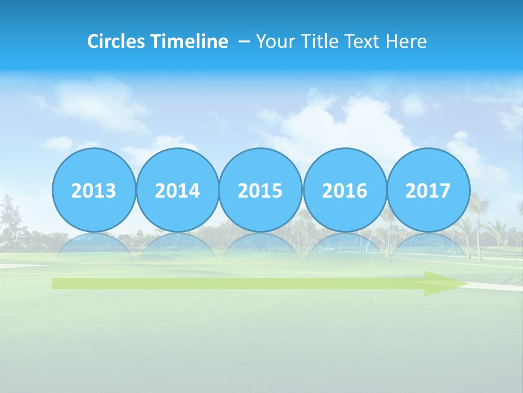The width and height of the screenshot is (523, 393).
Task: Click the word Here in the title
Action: (406, 41)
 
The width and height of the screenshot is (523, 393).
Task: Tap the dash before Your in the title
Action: (244, 41)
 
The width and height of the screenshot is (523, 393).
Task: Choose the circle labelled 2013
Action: (94, 190)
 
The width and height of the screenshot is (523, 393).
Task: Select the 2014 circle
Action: (178, 190)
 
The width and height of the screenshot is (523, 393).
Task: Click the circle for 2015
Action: (260, 190)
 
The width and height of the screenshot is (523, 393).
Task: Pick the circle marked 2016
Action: (344, 190)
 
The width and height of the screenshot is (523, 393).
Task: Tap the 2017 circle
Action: (428, 190)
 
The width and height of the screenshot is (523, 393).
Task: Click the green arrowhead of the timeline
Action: (444, 283)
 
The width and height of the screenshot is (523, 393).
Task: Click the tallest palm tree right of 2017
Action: (478, 218)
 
